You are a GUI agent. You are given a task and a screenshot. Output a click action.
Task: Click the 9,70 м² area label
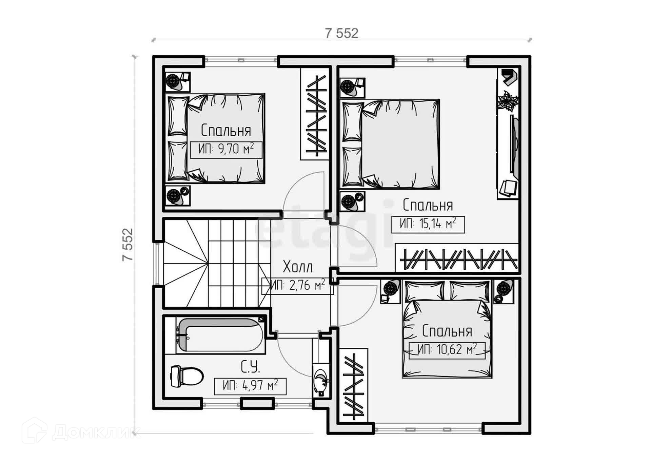point(226,149)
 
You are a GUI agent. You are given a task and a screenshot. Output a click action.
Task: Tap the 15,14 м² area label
point(428,224)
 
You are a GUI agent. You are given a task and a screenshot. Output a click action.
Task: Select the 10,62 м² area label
point(447,350)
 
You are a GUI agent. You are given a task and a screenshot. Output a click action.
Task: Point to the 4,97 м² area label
point(250,386)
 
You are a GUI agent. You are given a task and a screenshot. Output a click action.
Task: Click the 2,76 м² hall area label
point(297,286)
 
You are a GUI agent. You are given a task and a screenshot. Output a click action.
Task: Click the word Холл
point(298,267)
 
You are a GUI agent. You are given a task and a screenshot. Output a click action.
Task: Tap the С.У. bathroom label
point(251,367)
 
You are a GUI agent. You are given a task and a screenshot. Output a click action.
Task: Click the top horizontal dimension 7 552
point(341,33)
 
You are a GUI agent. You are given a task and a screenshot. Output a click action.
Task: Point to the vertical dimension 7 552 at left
point(128,244)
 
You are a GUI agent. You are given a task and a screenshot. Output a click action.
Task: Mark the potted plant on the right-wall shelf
point(508,101)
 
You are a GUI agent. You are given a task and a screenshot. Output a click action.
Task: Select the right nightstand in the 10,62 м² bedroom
point(504,291)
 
